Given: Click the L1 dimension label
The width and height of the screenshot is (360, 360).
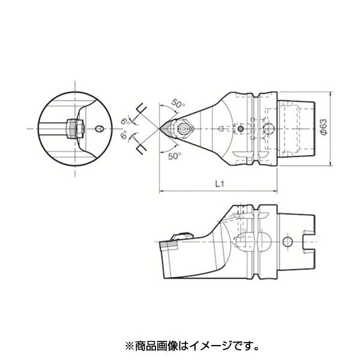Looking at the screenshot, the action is [x=220, y=184].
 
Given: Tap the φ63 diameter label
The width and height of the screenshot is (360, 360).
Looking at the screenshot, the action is [x=324, y=127].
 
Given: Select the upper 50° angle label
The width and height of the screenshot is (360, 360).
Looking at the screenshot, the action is [x=178, y=104].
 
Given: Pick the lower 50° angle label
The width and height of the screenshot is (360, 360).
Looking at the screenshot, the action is [x=175, y=157].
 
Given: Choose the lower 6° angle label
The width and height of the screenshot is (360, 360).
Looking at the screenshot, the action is [x=124, y=135].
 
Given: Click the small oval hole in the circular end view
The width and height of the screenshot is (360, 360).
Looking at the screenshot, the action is [x=99, y=129].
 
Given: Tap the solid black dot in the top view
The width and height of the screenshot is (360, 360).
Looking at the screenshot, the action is [x=241, y=129].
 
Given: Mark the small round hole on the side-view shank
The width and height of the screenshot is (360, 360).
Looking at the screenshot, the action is [x=287, y=242].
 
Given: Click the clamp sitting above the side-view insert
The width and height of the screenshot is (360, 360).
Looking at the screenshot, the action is [x=182, y=236].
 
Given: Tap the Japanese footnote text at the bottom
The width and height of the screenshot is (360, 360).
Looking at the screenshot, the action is [x=192, y=346].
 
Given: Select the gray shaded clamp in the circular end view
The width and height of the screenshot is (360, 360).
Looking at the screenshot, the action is [x=72, y=129].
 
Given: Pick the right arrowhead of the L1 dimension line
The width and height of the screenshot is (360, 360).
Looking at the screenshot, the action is [x=275, y=191].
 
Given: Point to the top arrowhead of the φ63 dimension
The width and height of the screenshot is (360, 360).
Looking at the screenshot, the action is [x=330, y=94].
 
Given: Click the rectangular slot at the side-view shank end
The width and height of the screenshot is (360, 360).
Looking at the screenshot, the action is [x=309, y=242].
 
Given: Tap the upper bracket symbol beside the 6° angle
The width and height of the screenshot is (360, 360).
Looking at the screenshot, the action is [x=142, y=109].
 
